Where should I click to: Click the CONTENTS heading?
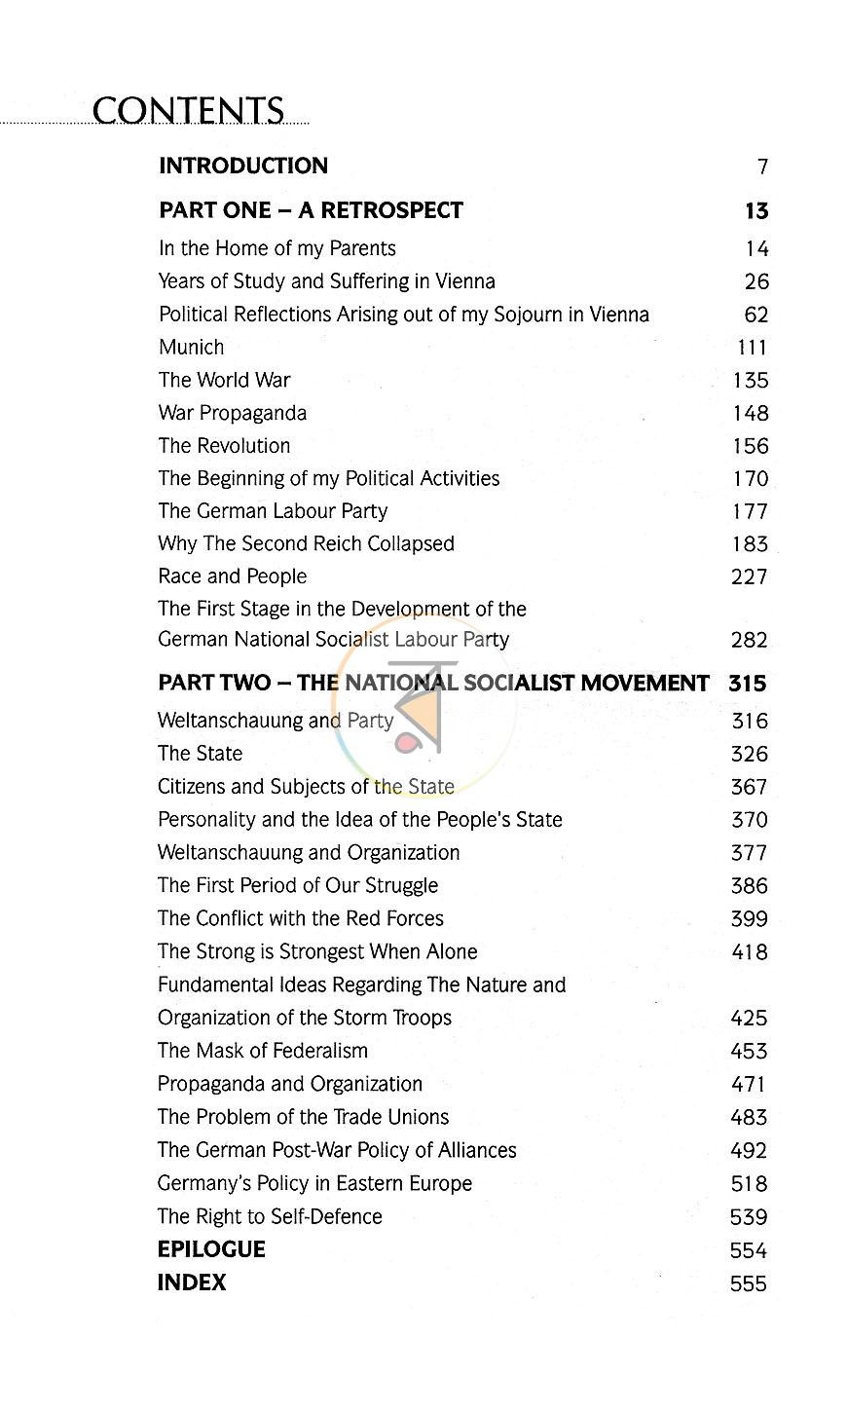(188, 111)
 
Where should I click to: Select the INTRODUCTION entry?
(243, 166)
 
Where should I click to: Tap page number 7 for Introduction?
(762, 167)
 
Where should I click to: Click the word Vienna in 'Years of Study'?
(464, 281)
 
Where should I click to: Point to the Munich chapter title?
(191, 348)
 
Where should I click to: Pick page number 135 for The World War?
(750, 381)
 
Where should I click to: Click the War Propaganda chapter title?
(232, 413)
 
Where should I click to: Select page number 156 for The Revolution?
(750, 447)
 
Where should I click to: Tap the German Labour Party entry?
(273, 511)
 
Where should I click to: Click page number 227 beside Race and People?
(749, 577)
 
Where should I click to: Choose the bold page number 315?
(747, 684)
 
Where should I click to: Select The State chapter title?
(200, 754)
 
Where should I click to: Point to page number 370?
(749, 821)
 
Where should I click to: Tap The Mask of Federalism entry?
(263, 1051)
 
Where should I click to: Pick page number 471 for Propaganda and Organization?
(748, 1085)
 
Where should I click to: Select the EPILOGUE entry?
(211, 1249)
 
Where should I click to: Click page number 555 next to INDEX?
(748, 1284)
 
